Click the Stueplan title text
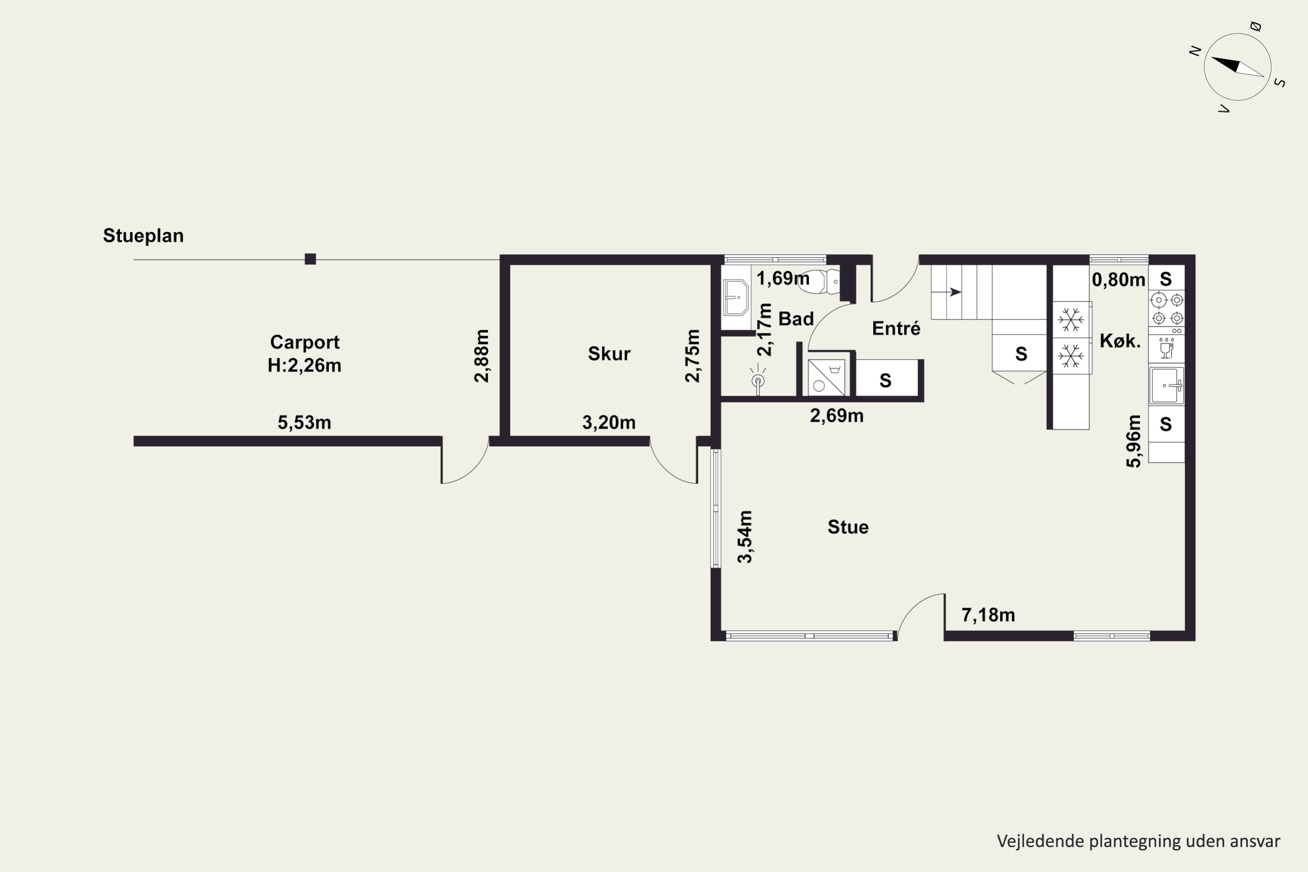click(143, 236)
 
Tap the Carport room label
click(305, 342)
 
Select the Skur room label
click(609, 354)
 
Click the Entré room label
click(896, 328)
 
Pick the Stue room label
click(848, 527)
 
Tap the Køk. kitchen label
click(1120, 341)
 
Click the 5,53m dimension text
click(304, 422)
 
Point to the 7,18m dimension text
click(988, 615)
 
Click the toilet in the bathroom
click(819, 281)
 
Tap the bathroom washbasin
click(736, 297)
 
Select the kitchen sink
click(1167, 385)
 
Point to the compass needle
click(1237, 67)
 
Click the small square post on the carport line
click(310, 259)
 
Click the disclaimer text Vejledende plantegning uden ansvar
click(1138, 841)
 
